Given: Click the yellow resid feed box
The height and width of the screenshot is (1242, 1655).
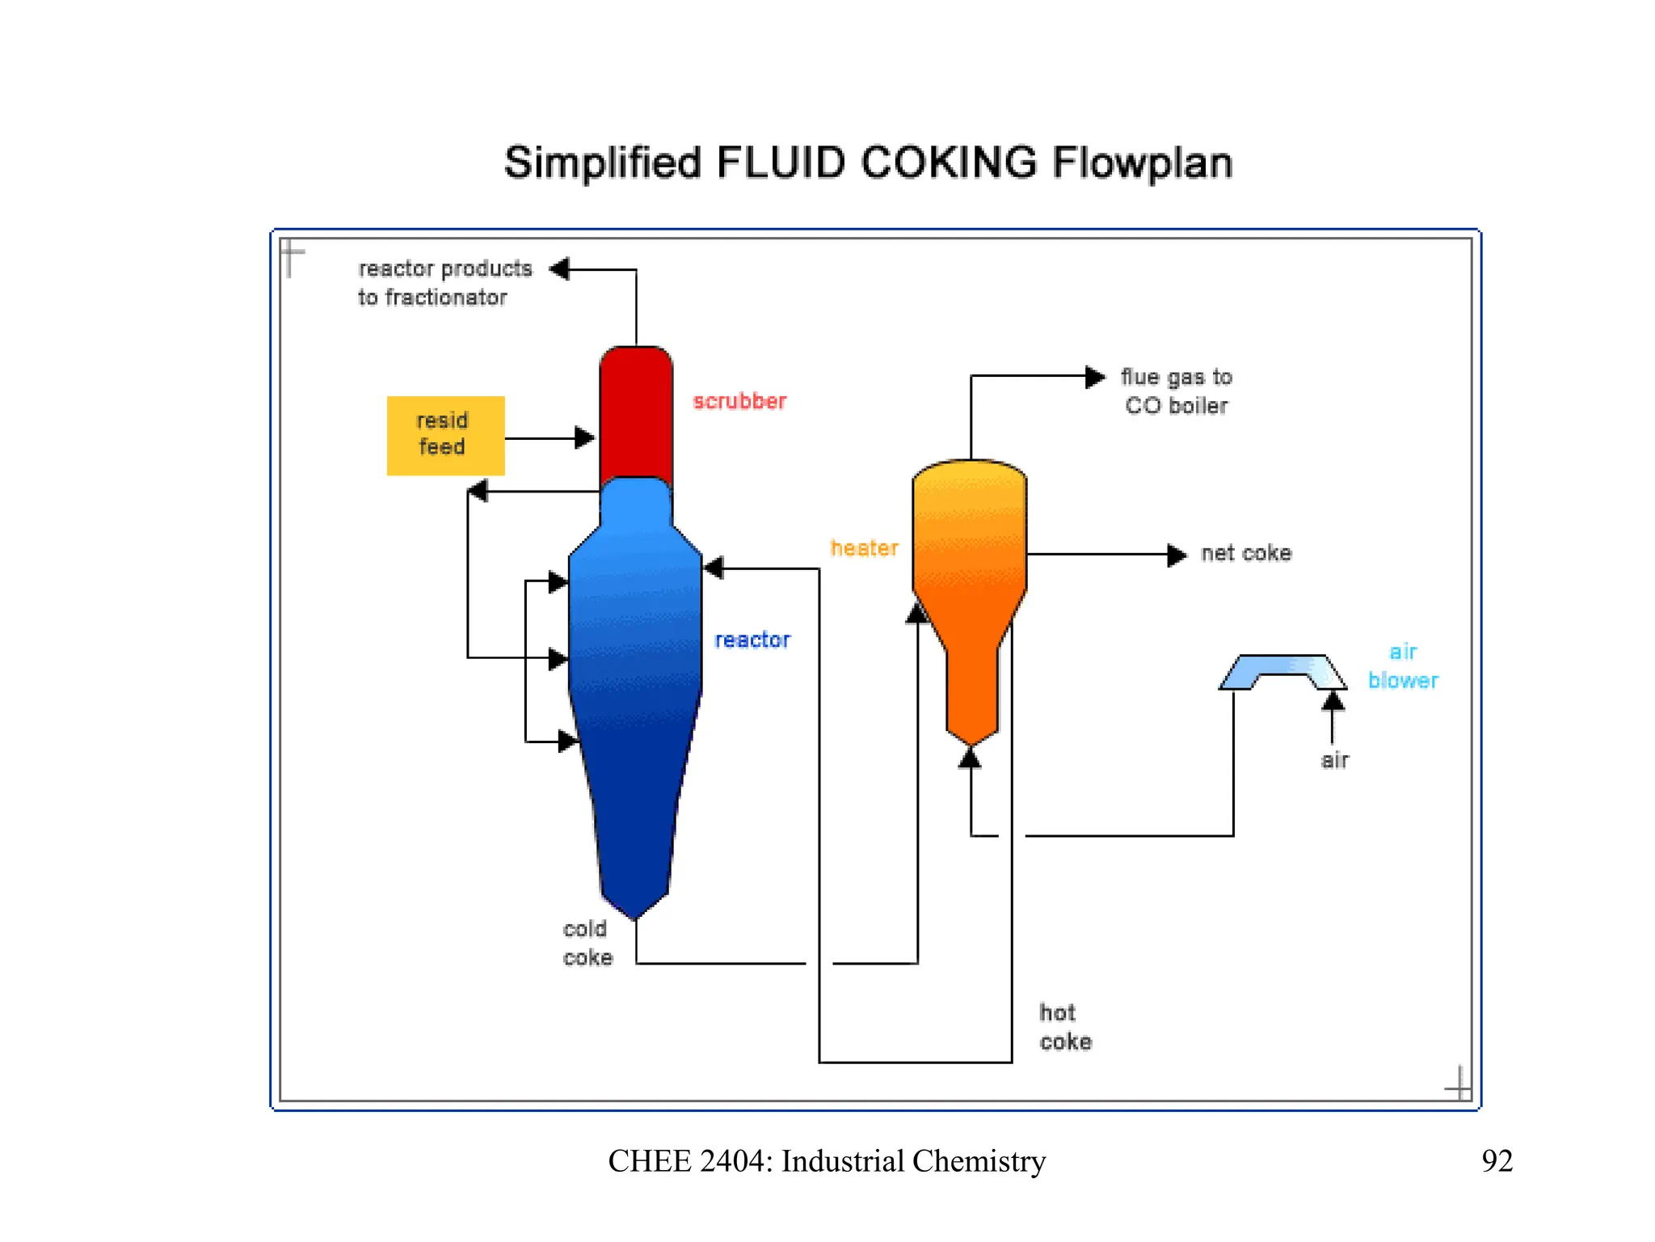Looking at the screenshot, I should click(x=445, y=435).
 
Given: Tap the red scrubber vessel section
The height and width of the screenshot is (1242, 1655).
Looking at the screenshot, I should click(x=636, y=412).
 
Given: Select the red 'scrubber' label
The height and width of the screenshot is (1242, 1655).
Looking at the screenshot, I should click(x=739, y=401).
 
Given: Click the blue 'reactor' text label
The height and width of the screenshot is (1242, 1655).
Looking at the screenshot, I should click(x=752, y=640).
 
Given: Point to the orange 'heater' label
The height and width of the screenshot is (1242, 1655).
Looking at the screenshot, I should click(x=864, y=548).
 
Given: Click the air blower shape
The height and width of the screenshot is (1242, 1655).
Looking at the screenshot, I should click(x=1282, y=671).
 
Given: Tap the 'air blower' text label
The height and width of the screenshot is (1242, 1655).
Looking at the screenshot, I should click(x=1403, y=666).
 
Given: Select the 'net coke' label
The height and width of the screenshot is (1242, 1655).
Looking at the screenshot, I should click(x=1246, y=553).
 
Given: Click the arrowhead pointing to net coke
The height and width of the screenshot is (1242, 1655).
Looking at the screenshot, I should click(x=1177, y=555).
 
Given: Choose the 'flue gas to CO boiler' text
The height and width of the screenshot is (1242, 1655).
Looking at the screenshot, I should click(x=1177, y=391).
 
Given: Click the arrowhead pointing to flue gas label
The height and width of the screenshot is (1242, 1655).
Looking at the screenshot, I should click(x=1095, y=377).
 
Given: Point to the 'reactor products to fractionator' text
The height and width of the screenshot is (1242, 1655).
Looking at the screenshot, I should click(x=444, y=283).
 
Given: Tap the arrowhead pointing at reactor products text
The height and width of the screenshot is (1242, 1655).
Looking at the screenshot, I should click(x=560, y=268).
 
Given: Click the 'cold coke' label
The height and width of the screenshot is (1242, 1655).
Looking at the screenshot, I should click(x=587, y=943).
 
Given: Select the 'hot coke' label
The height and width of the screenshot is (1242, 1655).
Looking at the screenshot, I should click(x=1065, y=1027).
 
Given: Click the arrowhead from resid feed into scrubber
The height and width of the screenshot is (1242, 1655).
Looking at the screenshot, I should click(x=584, y=438).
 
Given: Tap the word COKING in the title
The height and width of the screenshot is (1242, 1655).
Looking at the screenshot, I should click(x=949, y=163).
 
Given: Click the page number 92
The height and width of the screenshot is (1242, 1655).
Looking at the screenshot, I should click(x=1497, y=1161).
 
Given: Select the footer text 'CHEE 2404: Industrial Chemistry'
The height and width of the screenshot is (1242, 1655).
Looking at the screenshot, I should click(x=827, y=1161).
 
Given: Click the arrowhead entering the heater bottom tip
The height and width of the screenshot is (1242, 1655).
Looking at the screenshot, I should click(x=970, y=758).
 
